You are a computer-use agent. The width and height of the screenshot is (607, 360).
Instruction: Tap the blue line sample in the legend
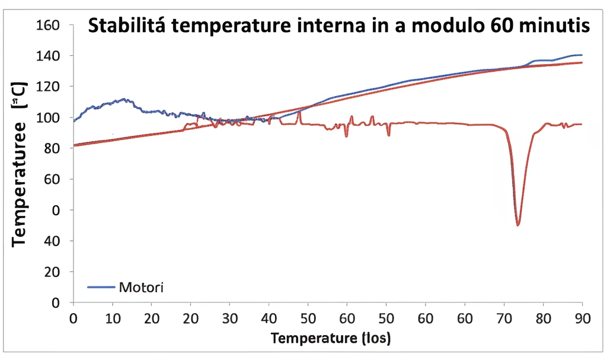pyautogui.click(x=101, y=288)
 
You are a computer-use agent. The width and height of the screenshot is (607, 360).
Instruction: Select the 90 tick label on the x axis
pyautogui.click(x=582, y=318)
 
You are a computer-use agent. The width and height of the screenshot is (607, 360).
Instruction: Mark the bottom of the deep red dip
pyautogui.click(x=518, y=225)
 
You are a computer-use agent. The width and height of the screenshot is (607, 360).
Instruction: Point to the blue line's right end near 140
pyautogui.click(x=581, y=55)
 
